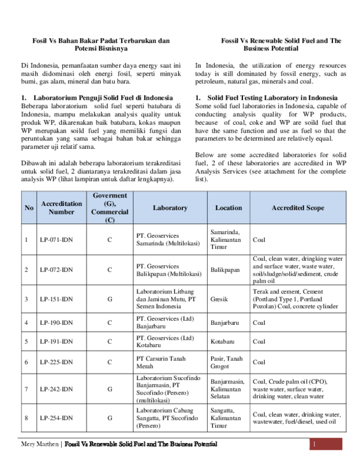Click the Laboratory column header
pyautogui.click(x=170, y=208)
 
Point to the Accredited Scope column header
pyautogui.click(x=298, y=208)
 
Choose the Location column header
pyautogui.click(x=229, y=208)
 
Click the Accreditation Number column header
pyautogui.click(x=61, y=208)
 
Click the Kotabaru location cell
pyautogui.click(x=223, y=342)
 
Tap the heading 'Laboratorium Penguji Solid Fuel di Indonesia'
pyautogui.click(x=103, y=97)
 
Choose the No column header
pyautogui.click(x=29, y=208)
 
